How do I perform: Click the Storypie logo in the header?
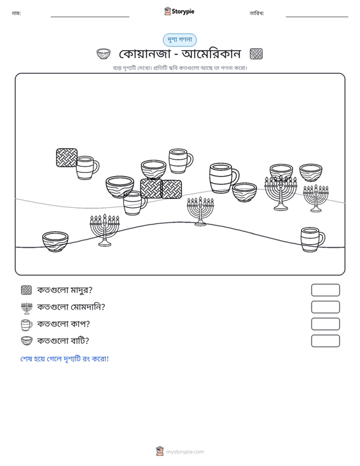pos(179,11)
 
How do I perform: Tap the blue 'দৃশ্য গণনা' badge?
pos(179,40)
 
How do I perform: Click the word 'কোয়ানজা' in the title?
pos(144,54)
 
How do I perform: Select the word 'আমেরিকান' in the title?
pos(211,54)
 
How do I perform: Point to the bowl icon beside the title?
pos(104,54)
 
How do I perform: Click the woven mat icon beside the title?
pos(256,54)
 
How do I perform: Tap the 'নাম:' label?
pos(16,13)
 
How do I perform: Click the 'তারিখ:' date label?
pos(257,13)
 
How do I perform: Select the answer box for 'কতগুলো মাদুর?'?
pos(325,290)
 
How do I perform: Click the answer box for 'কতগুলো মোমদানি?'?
pos(325,307)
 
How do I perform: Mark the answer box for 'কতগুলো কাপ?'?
pos(325,324)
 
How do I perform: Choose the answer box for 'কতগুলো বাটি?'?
pos(325,341)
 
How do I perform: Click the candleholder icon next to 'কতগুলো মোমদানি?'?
pos(27,308)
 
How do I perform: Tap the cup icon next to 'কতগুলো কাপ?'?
pos(27,325)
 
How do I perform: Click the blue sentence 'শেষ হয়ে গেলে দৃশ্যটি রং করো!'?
pos(64,359)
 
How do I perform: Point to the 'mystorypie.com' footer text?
pos(185,452)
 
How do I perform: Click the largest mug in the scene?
pos(223,178)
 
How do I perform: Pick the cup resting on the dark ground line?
pos(312,240)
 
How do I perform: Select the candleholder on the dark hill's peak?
pos(200,211)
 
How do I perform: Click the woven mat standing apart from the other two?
pos(67,158)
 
